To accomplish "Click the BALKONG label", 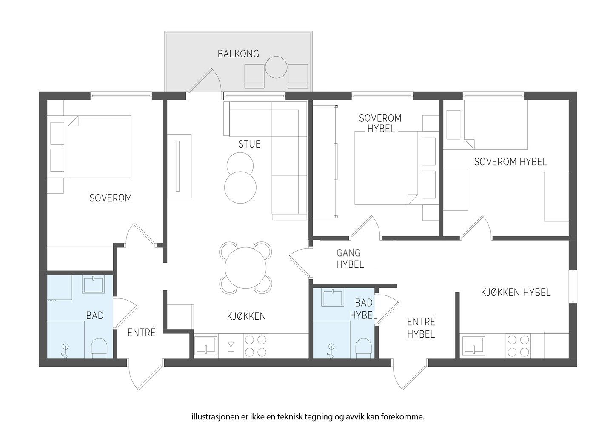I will [238, 54].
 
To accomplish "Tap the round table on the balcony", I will [277, 67].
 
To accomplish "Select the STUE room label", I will [249, 144].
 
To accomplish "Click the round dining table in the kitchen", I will [245, 268].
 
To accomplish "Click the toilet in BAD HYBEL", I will [364, 347].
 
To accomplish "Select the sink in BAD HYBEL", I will [333, 298].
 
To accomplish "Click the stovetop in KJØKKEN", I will [256, 345].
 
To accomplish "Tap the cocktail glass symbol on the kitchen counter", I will [231, 346].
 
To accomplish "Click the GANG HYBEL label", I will [350, 259].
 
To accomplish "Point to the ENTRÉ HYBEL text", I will [421, 328].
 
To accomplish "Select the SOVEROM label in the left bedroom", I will [111, 198].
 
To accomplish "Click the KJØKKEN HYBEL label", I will [516, 293].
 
